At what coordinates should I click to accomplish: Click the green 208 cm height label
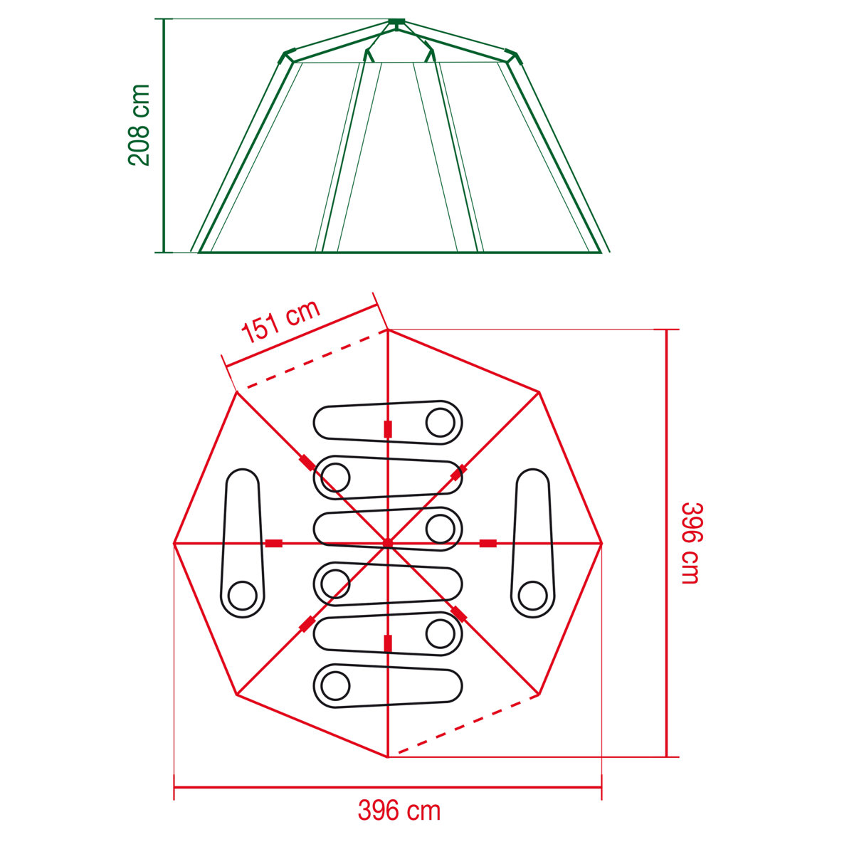[139, 125]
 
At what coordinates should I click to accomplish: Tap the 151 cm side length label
[281, 322]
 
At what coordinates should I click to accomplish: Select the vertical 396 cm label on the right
[690, 543]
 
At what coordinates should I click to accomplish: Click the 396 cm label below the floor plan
[399, 811]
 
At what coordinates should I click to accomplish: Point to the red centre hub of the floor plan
[388, 543]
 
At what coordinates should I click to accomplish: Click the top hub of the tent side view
[396, 23]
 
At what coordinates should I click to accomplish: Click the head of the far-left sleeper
[242, 595]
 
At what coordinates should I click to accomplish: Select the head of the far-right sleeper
[532, 595]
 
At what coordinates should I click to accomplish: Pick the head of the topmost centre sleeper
[440, 423]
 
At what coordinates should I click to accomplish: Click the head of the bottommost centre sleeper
[335, 686]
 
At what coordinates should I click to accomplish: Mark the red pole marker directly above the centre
[388, 429]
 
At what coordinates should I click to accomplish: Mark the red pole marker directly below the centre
[388, 643]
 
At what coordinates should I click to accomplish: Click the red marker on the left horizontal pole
[274, 543]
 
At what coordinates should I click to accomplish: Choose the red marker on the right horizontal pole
[487, 543]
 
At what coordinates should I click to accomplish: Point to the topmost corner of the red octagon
[388, 330]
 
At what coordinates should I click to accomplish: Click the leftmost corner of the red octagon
[174, 543]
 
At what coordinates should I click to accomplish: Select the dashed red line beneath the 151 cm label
[313, 360]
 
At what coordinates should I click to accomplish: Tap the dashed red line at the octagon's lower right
[466, 724]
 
